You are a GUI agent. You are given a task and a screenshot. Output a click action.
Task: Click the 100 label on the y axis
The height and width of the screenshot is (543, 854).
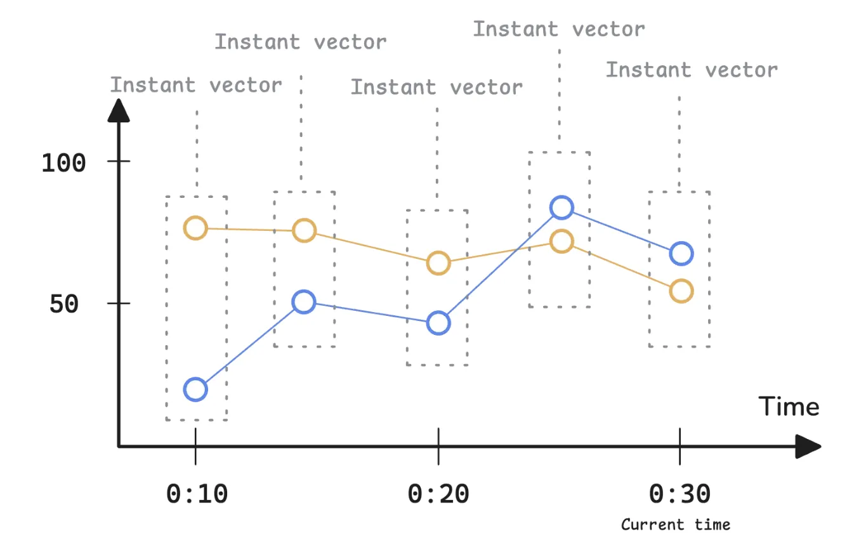(x=63, y=163)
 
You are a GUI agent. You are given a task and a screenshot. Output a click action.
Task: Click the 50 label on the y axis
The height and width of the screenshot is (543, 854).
(x=63, y=304)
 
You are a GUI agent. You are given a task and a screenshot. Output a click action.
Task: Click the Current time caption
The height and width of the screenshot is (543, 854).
(x=676, y=525)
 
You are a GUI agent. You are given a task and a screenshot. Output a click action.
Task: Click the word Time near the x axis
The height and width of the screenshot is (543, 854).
(x=789, y=407)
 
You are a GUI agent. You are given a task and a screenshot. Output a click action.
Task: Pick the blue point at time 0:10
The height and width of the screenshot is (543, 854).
(x=195, y=389)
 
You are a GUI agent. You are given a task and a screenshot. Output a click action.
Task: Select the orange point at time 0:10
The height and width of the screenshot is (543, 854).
(x=195, y=228)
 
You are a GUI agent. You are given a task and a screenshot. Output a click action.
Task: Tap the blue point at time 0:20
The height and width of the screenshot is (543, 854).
(x=438, y=323)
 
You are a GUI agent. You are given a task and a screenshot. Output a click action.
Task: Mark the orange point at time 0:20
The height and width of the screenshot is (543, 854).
(x=438, y=263)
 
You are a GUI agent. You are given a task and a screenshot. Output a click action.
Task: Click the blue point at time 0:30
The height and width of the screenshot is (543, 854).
(x=681, y=253)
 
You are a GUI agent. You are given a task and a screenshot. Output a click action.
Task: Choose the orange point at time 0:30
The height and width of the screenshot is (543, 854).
(x=681, y=291)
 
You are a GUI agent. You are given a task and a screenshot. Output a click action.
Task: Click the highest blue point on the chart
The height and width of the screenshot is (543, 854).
(x=562, y=207)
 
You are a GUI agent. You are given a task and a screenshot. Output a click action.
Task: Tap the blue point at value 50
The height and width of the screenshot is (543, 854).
(x=305, y=302)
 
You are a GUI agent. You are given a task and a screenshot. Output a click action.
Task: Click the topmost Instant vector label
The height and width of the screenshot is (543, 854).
(x=559, y=29)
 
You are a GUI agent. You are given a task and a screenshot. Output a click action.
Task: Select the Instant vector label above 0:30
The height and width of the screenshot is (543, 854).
(x=692, y=70)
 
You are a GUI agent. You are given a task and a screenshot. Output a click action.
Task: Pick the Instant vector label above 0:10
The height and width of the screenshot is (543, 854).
(x=196, y=85)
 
